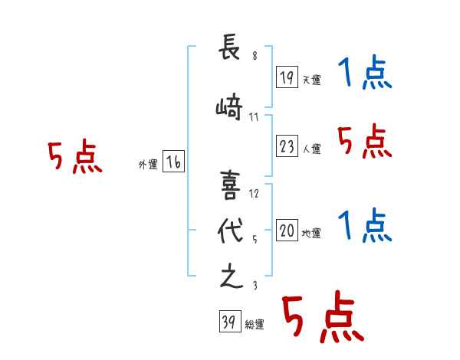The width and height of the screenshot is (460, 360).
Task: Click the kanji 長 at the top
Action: click(x=229, y=46)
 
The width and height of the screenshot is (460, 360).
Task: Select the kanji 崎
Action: click(x=229, y=106)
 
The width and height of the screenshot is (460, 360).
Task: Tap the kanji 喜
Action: click(x=230, y=185)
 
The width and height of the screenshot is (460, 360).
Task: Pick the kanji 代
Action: click(x=230, y=231)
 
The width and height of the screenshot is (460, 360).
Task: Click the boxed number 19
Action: click(x=287, y=77)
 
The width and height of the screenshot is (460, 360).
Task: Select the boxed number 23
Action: click(x=287, y=146)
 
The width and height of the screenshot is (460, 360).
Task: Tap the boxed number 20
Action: click(x=287, y=230)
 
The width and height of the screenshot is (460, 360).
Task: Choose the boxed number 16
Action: click(x=173, y=162)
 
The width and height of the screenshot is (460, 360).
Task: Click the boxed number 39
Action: click(x=230, y=321)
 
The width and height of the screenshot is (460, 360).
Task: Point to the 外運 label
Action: click(x=148, y=165)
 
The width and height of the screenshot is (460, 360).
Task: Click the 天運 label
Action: click(x=312, y=80)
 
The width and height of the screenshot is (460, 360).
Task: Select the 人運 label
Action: click(x=312, y=149)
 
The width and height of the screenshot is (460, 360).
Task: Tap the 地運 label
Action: click(x=311, y=234)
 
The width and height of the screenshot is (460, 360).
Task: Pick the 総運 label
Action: click(x=255, y=325)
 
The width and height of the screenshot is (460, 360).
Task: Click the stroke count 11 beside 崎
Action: click(x=254, y=117)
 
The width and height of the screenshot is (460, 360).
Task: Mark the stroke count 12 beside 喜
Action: click(x=254, y=194)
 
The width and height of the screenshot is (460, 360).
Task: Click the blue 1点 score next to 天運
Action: click(x=365, y=72)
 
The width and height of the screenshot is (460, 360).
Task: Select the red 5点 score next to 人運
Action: click(x=365, y=141)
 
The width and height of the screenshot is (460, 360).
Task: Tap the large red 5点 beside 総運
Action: click(x=324, y=316)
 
